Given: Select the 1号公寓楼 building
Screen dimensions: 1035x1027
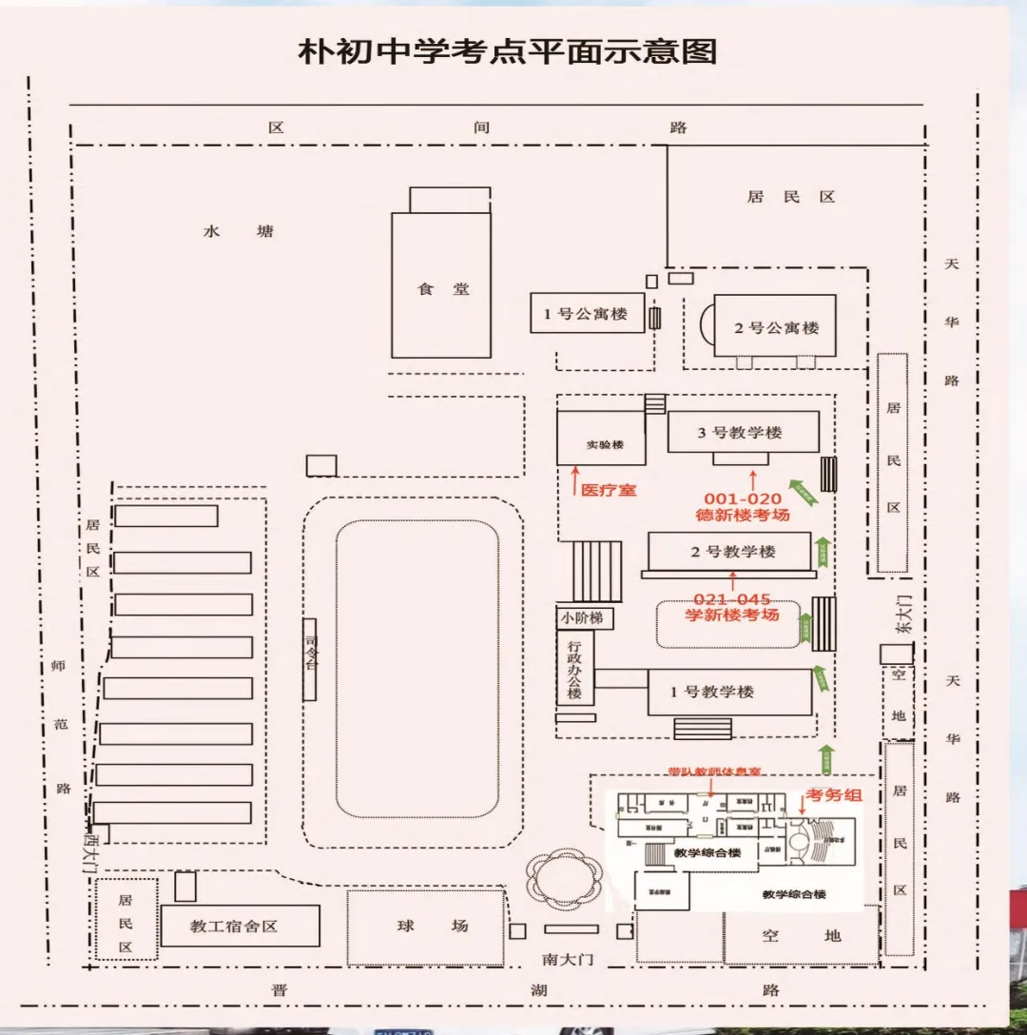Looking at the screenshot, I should coord(586,313).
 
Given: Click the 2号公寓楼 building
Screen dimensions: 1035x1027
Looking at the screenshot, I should coord(776,327).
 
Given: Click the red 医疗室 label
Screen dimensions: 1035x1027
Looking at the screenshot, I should coord(608,491).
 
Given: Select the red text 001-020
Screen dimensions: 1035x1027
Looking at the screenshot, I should coord(742,498).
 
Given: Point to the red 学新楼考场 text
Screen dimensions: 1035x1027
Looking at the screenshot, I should coord(731,615).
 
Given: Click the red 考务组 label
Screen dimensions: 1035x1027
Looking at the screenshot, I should coord(833,795).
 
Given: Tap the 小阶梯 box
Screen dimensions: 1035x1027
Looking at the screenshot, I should coord(582,617).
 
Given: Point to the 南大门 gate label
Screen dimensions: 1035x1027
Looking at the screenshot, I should coord(568,958).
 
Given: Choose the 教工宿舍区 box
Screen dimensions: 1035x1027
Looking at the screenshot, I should coord(233,926).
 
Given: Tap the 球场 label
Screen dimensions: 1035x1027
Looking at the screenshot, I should coord(433,926).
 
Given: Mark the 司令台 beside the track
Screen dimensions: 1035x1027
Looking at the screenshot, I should coord(310,659).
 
